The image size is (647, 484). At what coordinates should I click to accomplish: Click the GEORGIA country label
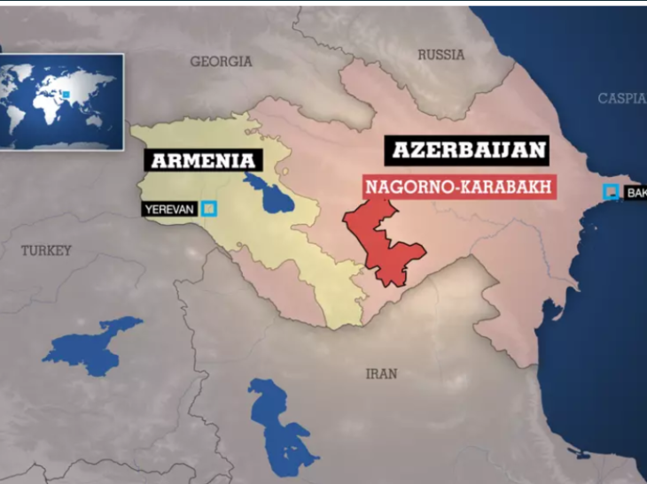[x=221, y=62]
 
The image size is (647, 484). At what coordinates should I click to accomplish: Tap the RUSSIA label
[x=440, y=55]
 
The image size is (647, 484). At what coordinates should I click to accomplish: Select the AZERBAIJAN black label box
[x=465, y=150]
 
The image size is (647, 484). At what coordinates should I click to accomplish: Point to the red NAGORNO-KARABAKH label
[x=453, y=187]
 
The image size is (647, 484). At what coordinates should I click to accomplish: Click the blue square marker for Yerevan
[x=209, y=209]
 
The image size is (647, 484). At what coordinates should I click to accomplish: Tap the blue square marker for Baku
[x=610, y=192]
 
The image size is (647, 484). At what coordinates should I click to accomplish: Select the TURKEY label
[x=46, y=251]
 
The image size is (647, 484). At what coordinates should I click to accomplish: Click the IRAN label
[x=381, y=373]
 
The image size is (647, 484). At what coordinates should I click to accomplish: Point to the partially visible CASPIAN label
[x=621, y=98]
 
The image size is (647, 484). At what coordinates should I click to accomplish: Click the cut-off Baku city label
[x=635, y=192]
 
